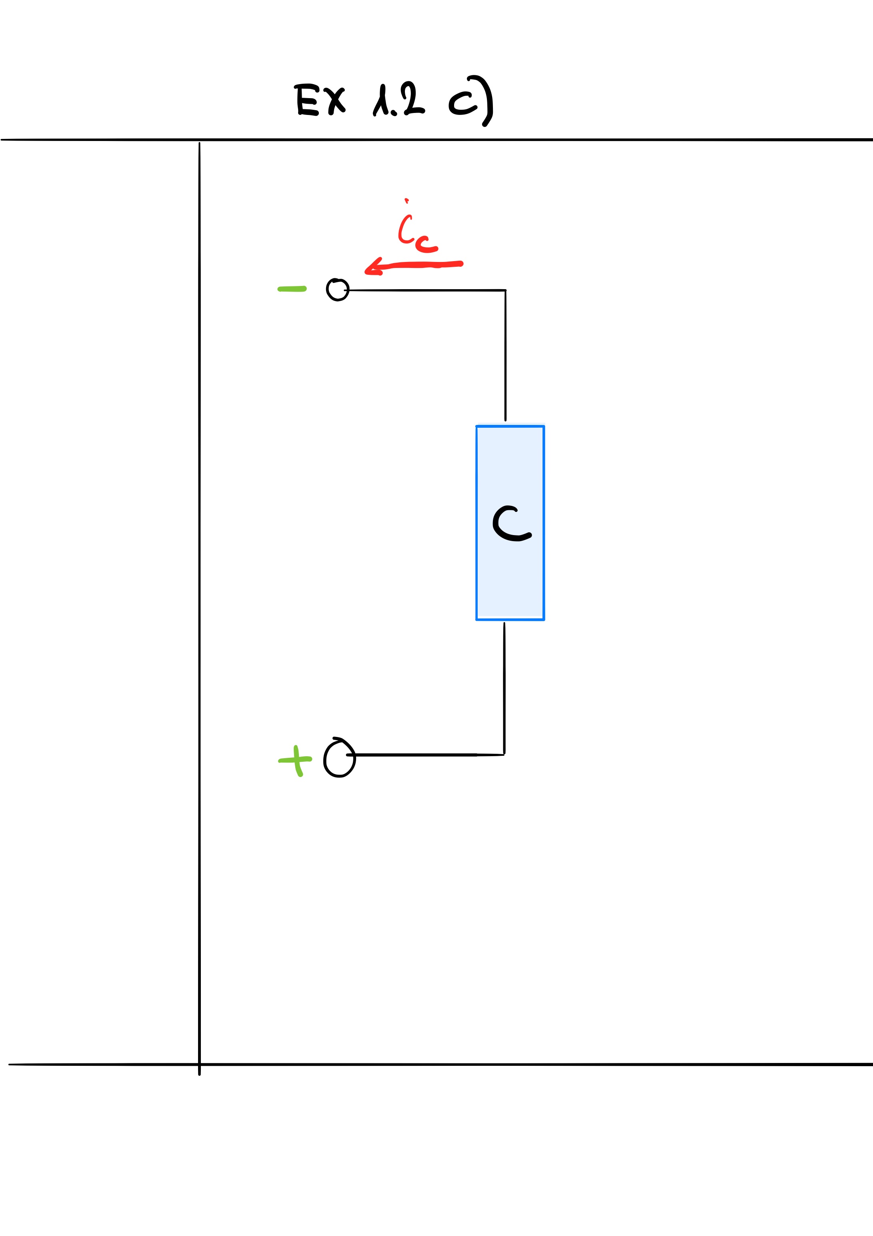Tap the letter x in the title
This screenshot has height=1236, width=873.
click(334, 101)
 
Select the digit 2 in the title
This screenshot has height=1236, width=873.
click(413, 99)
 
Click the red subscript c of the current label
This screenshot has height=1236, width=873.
click(426, 245)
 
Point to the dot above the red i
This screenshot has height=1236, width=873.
click(406, 201)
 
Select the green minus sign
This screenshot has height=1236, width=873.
click(292, 289)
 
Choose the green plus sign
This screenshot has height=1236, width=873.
click(295, 761)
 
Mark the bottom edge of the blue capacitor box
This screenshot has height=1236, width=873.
click(510, 620)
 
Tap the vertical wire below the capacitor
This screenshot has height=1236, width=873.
click(504, 688)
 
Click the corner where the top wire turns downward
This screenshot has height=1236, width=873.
click(506, 291)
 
